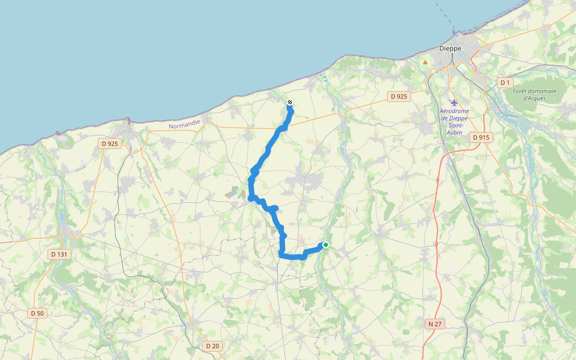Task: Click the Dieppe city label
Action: tap(450, 49)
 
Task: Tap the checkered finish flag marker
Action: tap(290, 103)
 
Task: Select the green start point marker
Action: tap(326, 245)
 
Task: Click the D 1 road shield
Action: tap(505, 82)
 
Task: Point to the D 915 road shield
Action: tap(481, 137)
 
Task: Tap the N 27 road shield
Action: tap(435, 324)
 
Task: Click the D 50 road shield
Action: tap(37, 313)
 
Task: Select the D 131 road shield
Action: tap(59, 254)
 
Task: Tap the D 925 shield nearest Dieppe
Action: tap(399, 96)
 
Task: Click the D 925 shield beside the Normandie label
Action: tap(110, 143)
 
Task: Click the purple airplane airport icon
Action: tap(453, 102)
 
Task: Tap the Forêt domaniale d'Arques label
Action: tap(535, 94)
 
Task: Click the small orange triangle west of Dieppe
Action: tap(425, 61)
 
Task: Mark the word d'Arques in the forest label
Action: tap(535, 98)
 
